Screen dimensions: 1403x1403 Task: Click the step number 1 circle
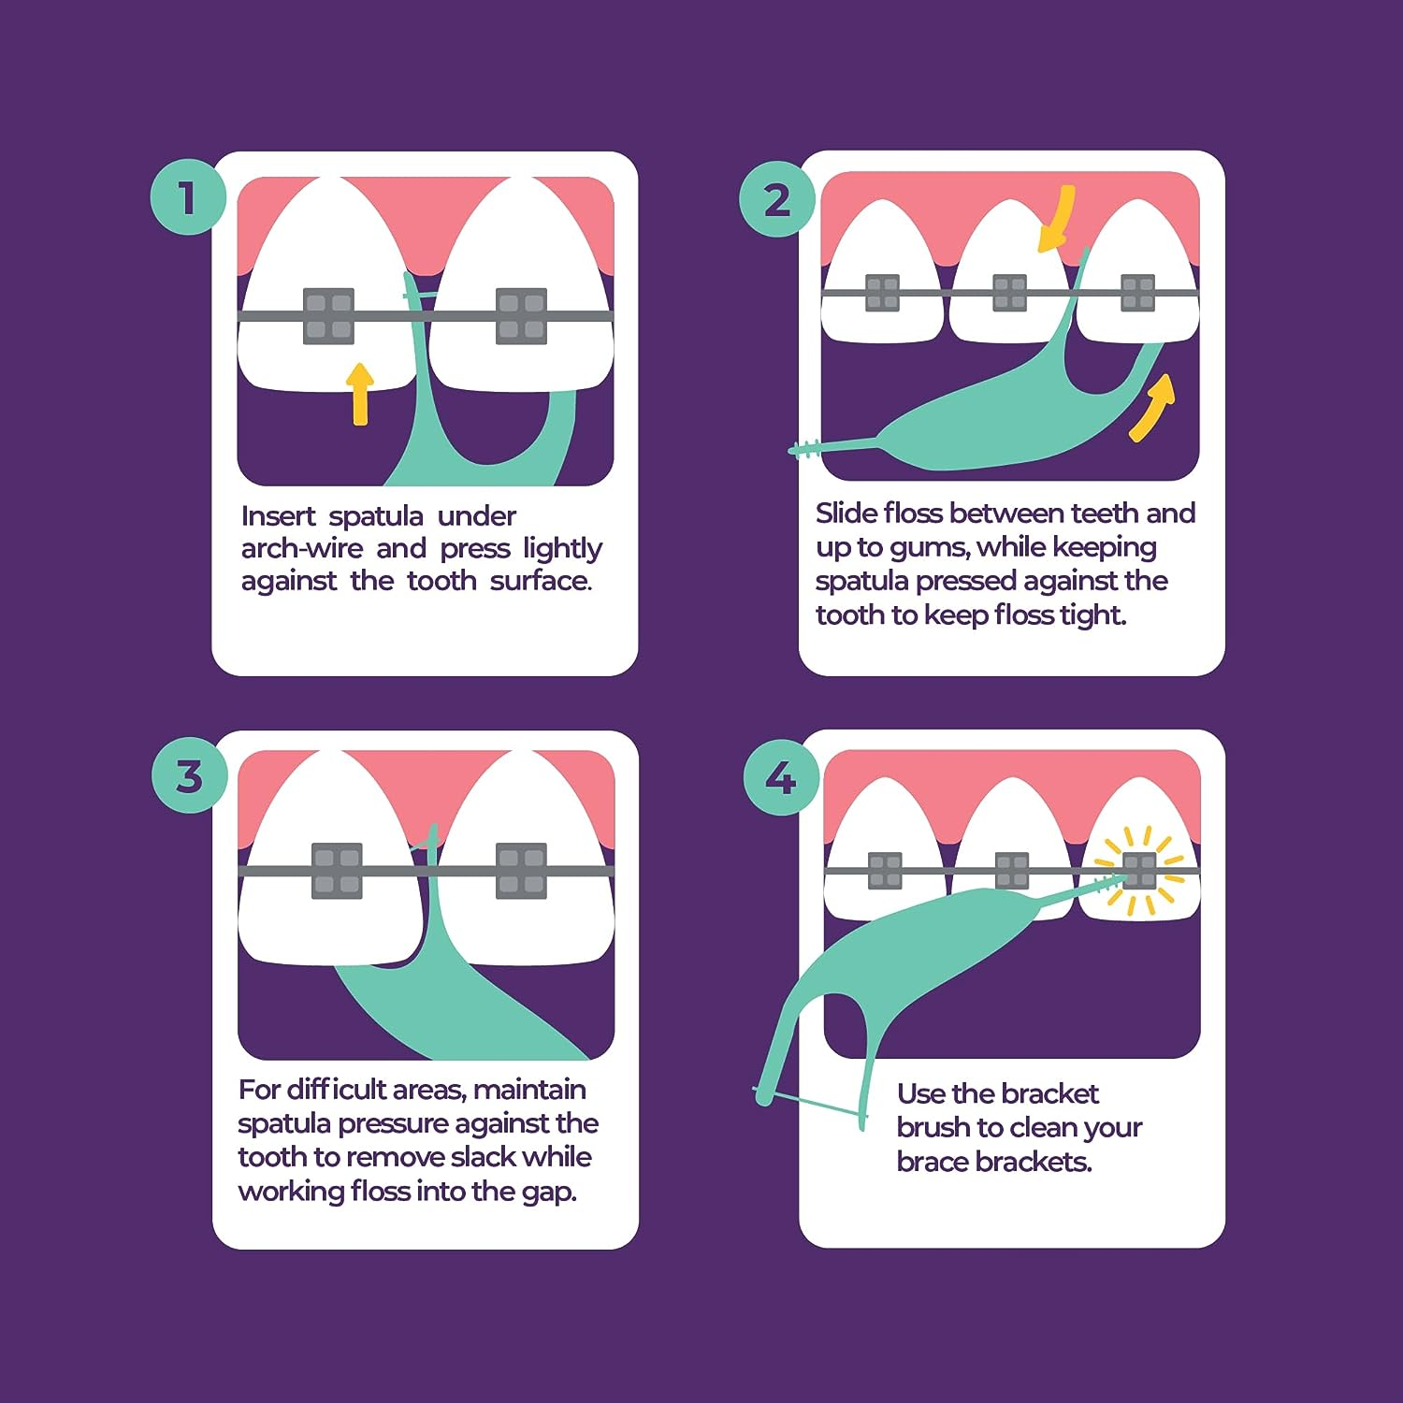(188, 197)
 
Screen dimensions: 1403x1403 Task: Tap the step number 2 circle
(776, 199)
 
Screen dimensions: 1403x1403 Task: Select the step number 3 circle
(189, 775)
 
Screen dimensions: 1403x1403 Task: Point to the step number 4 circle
(780, 777)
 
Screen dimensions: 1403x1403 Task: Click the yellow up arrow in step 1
(360, 393)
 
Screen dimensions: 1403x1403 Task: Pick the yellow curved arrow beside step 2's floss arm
(1151, 407)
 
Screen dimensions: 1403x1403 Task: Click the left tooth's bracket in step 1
(328, 315)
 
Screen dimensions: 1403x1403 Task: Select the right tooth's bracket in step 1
(521, 315)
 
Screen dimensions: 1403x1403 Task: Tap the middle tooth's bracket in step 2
(1009, 293)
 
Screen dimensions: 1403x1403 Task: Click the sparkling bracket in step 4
(1139, 871)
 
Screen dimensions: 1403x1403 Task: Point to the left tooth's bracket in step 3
(336, 871)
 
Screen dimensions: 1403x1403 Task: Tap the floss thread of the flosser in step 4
(809, 1103)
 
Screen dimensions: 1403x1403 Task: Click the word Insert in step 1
(278, 516)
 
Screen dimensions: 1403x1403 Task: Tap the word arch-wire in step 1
(301, 548)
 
